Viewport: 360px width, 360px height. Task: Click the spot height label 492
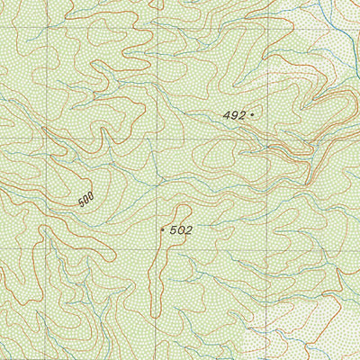(x=233, y=115)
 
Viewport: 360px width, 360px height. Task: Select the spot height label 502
(x=181, y=230)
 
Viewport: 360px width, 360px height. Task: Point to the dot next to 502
(x=162, y=229)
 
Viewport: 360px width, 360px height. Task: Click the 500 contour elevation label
(x=86, y=200)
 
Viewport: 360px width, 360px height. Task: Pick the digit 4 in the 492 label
(x=226, y=115)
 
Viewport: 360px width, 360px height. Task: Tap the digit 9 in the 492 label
(x=233, y=115)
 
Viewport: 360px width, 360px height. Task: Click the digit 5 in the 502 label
(x=173, y=230)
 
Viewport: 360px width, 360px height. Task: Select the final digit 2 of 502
(x=189, y=230)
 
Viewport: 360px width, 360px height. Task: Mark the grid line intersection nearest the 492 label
(x=269, y=140)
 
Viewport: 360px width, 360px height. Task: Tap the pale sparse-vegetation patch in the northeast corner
(x=337, y=27)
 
